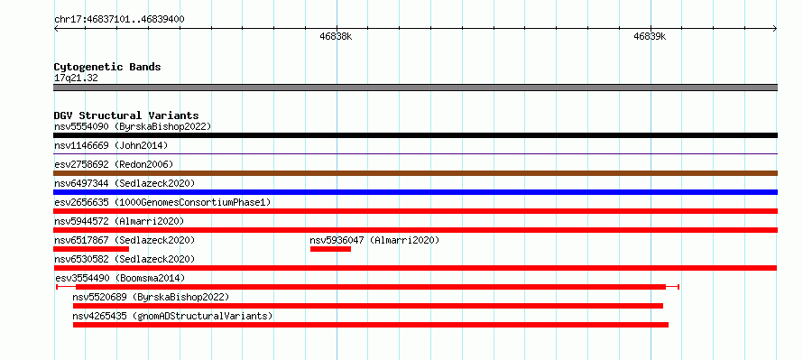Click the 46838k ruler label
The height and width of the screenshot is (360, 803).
[x=336, y=37]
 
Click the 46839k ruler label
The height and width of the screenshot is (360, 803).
[x=650, y=37]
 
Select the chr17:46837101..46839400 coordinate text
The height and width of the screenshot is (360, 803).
[x=119, y=19]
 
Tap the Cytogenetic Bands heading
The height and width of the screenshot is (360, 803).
[x=107, y=67]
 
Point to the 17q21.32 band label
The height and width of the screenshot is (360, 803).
[x=76, y=78]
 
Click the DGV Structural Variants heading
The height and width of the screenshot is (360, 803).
[x=126, y=115]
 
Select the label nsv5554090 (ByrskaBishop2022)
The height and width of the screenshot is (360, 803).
[x=133, y=126]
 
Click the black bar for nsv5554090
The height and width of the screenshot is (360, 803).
[x=415, y=135]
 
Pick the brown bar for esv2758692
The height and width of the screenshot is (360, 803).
[x=415, y=173]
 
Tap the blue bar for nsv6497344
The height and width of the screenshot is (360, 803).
[x=415, y=192]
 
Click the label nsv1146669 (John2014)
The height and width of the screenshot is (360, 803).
[x=111, y=145]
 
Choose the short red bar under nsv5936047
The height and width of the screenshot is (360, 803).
[x=330, y=249]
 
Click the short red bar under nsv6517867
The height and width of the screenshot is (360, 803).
[x=91, y=249]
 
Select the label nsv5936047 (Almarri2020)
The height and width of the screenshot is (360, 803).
[x=374, y=240]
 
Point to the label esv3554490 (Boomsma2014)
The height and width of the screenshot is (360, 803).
[x=120, y=278]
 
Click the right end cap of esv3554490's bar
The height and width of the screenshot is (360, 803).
[x=678, y=287]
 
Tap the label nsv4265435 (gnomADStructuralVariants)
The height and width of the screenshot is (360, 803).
[x=172, y=316]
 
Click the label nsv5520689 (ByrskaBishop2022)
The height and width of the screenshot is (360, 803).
[x=151, y=297]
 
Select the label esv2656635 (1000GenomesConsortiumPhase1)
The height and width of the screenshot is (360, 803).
[x=162, y=202]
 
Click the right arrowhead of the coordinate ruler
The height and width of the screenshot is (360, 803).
[x=775, y=29]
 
